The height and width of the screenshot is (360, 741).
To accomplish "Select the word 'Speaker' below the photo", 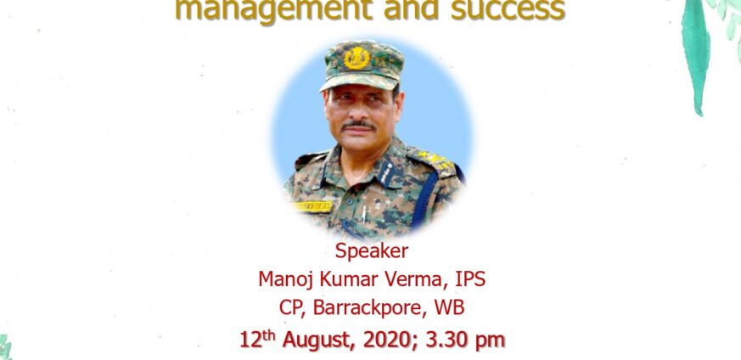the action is (x=372, y=251).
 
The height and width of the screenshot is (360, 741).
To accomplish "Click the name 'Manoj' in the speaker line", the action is (x=286, y=279).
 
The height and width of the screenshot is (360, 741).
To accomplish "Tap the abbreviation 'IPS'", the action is (x=470, y=279).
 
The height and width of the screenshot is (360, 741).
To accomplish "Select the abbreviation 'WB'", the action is (x=449, y=307).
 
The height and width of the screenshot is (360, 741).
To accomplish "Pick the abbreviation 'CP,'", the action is (x=293, y=308).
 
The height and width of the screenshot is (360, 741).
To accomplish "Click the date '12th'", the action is (x=258, y=340).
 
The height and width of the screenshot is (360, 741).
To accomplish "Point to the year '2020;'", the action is (x=390, y=340).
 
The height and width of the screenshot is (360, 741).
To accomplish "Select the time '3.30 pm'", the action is (x=464, y=340).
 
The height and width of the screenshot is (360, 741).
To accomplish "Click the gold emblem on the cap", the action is (x=356, y=59).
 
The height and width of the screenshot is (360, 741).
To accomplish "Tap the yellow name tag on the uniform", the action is (x=312, y=206).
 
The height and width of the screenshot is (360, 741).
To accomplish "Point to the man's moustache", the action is (x=358, y=126).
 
